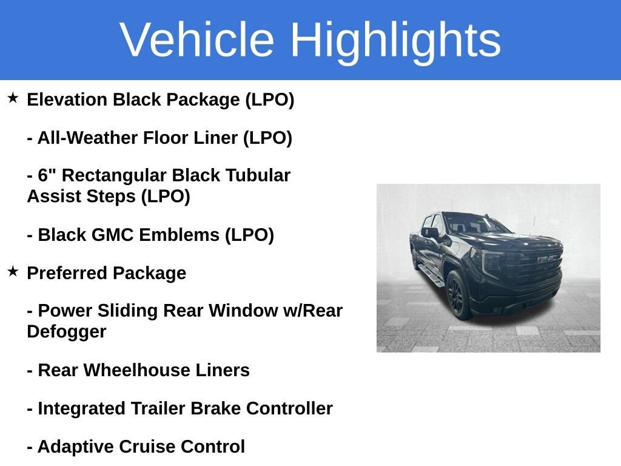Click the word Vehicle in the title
click(197, 40)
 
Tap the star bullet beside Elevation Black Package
click(13, 98)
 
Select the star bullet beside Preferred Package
click(13, 271)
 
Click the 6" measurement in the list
click(47, 175)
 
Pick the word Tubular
click(258, 175)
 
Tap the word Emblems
click(180, 235)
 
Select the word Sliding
click(127, 310)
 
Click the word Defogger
click(67, 332)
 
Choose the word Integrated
click(82, 408)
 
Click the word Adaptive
click(76, 447)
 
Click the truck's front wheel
click(458, 295)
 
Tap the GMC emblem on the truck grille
click(548, 258)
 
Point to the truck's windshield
click(477, 223)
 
